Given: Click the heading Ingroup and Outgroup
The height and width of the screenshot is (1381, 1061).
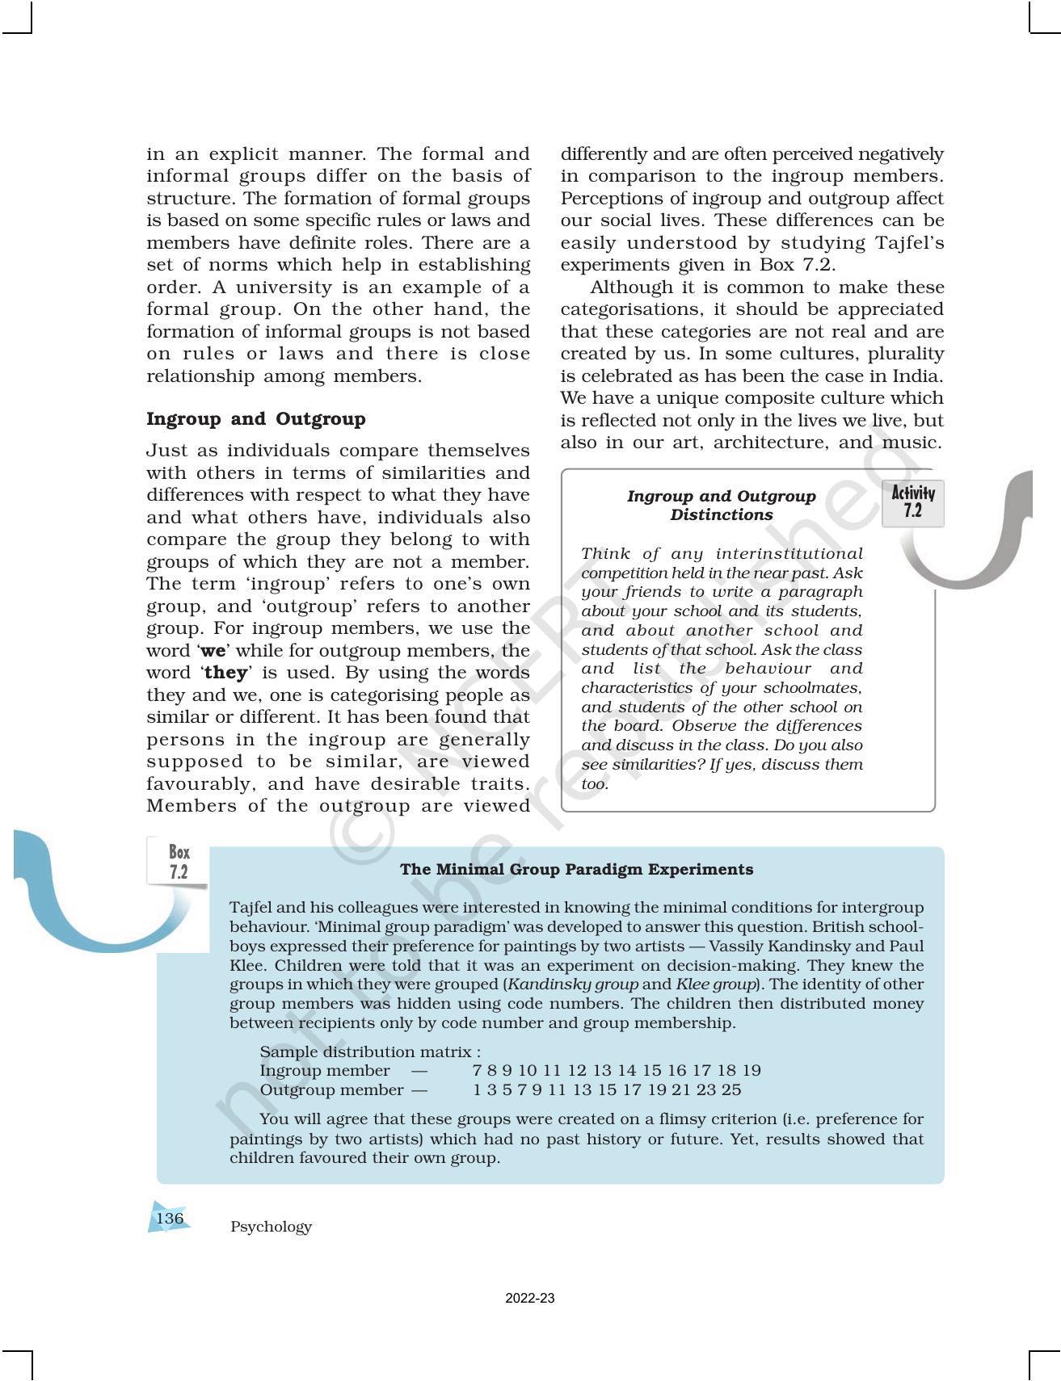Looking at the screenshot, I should (x=255, y=419).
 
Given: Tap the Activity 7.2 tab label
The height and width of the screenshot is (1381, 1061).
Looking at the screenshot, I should (x=912, y=502).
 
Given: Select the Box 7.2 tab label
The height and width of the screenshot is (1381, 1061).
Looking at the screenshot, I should (x=179, y=862).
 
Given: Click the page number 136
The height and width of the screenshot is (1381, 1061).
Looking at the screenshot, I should (x=170, y=1218).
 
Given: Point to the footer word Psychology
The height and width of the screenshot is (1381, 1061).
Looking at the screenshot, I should (x=271, y=1227).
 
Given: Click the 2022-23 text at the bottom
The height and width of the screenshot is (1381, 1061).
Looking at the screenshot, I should (x=529, y=1299).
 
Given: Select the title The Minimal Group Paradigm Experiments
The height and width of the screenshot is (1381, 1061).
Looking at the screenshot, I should (x=576, y=870).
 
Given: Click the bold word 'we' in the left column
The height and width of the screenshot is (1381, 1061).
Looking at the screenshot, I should (x=213, y=651).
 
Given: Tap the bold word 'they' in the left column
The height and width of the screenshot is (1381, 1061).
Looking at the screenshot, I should (x=225, y=673).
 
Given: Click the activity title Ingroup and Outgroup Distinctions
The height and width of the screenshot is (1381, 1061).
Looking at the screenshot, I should (x=721, y=506).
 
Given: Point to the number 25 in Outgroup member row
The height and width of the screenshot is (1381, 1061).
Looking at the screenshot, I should (x=730, y=1090).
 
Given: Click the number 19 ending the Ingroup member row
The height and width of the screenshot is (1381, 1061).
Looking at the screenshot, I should (x=751, y=1071).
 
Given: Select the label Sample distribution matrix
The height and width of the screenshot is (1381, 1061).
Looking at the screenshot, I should (x=369, y=1051).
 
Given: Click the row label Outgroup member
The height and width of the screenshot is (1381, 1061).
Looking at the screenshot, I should (x=331, y=1090).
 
